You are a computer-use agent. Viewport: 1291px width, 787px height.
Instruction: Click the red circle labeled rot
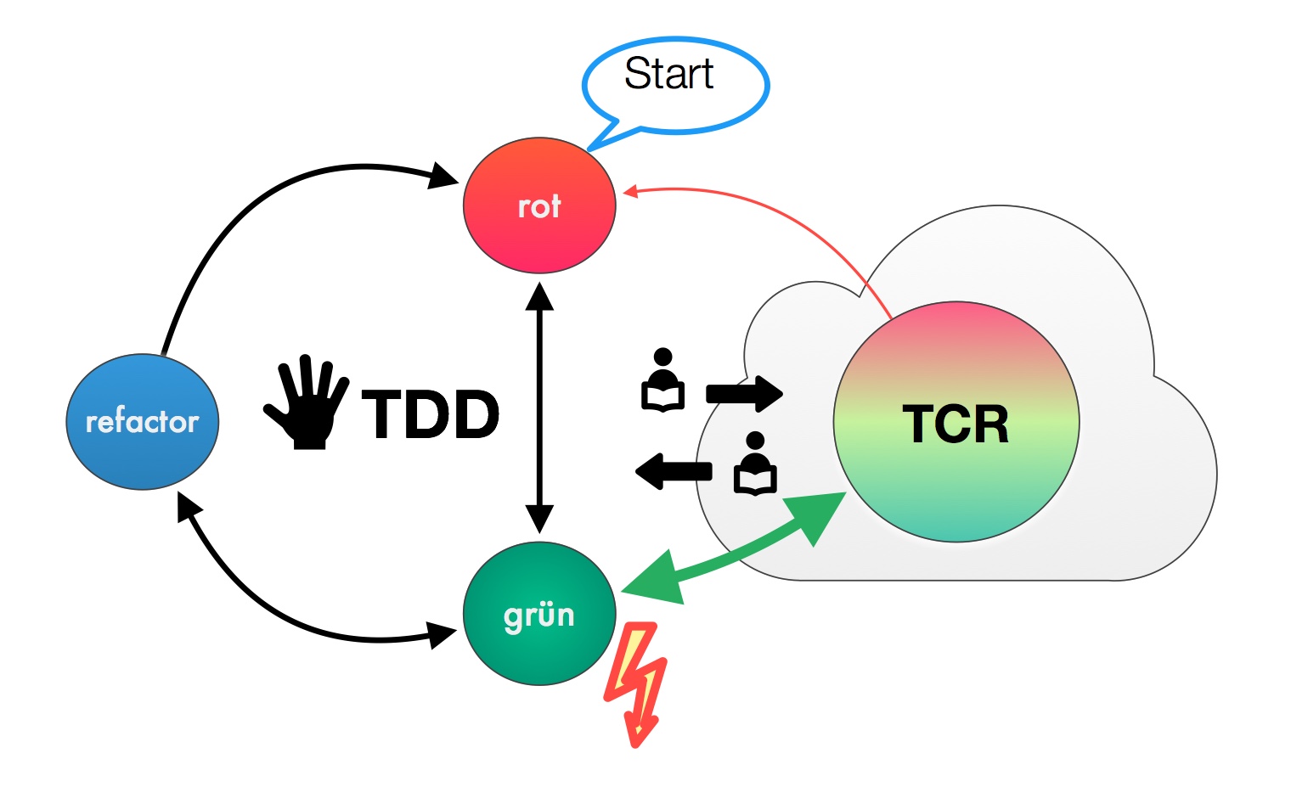click(539, 205)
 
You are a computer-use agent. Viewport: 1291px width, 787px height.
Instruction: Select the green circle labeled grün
click(539, 613)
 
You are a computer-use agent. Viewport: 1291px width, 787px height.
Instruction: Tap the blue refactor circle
click(142, 421)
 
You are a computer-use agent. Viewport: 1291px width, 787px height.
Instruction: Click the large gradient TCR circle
click(956, 422)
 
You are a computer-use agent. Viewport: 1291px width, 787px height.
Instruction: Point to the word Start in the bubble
click(668, 74)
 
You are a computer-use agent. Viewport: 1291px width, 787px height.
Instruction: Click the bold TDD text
click(431, 415)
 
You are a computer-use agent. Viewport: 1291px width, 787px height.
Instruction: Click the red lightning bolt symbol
click(637, 683)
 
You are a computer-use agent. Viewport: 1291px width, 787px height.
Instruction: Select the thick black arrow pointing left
click(674, 472)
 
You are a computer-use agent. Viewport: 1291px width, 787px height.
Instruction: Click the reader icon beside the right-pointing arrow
click(662, 381)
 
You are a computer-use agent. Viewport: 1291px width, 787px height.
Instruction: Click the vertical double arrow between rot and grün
click(539, 408)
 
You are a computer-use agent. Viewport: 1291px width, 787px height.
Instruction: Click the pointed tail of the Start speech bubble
click(607, 139)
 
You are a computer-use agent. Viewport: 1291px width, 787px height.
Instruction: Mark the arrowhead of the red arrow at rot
click(630, 192)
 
